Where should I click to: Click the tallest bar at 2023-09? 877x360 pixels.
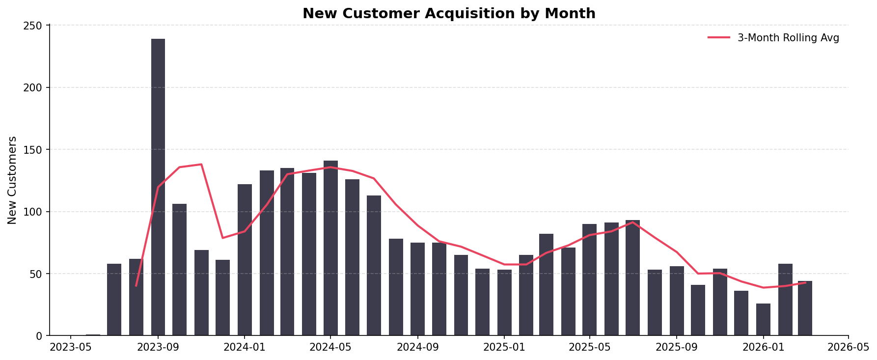(x=158, y=187)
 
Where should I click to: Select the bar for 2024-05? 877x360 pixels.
(x=330, y=248)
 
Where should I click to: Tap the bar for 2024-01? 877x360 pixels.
(x=245, y=260)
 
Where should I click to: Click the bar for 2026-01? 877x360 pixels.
(x=763, y=320)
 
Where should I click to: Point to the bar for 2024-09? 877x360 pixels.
(x=417, y=289)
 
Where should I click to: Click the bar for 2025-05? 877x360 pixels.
(x=589, y=280)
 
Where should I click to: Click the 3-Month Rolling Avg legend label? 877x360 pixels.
(x=788, y=38)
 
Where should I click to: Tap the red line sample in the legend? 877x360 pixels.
(x=719, y=38)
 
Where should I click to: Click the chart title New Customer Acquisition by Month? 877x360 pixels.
(x=449, y=14)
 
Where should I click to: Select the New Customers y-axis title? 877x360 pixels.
(x=12, y=180)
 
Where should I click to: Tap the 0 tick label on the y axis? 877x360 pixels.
(x=39, y=336)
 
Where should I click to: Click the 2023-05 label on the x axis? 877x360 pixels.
(x=71, y=348)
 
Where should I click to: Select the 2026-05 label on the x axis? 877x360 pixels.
(x=848, y=348)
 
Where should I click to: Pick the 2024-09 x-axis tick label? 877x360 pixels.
(x=417, y=348)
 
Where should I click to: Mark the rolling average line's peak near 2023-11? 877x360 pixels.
(x=201, y=165)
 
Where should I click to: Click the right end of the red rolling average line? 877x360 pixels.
(x=805, y=282)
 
